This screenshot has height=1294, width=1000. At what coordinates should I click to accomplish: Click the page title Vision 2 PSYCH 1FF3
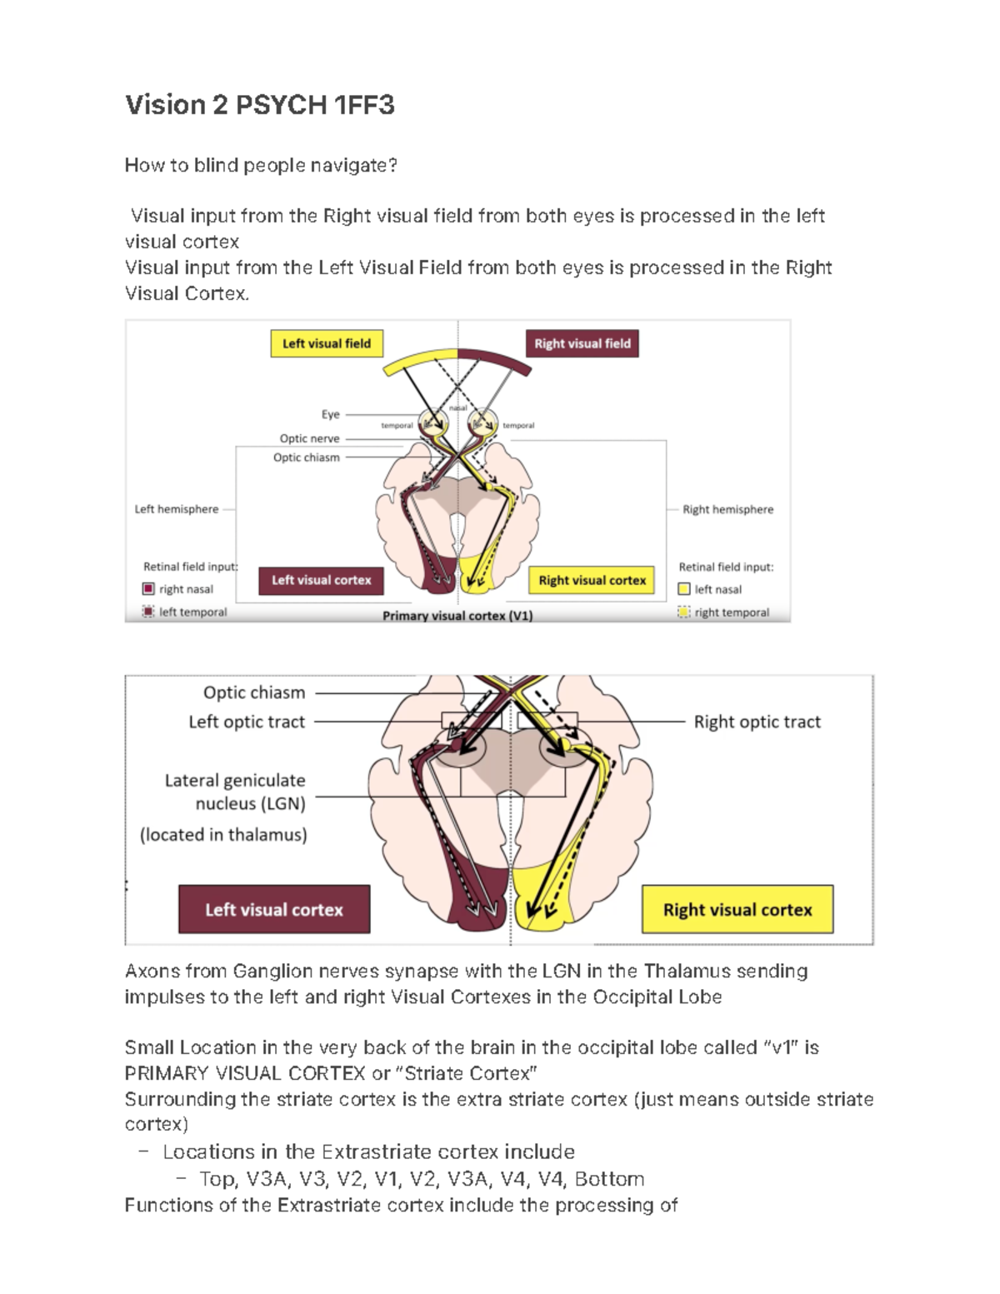click(259, 105)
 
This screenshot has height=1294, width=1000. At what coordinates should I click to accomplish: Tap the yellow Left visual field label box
click(326, 343)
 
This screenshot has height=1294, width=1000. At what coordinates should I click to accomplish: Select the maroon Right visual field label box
click(582, 343)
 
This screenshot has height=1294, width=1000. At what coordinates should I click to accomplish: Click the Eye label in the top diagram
click(330, 414)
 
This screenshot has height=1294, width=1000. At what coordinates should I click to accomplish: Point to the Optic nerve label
click(309, 438)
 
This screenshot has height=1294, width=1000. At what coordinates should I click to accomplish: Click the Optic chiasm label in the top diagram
click(306, 457)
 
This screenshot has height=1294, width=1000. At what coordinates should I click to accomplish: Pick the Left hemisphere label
click(176, 509)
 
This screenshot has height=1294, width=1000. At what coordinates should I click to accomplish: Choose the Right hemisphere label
click(727, 509)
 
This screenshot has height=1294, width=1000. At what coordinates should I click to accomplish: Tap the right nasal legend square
click(148, 589)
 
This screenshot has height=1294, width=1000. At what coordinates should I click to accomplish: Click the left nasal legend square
click(684, 589)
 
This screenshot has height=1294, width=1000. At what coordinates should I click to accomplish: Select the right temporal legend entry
click(723, 612)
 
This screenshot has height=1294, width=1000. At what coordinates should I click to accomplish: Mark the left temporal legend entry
click(185, 612)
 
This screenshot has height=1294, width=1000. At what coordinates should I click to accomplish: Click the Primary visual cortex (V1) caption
click(457, 616)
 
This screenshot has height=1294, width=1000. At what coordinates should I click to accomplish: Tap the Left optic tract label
click(247, 722)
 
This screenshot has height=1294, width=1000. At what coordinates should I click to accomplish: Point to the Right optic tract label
click(757, 722)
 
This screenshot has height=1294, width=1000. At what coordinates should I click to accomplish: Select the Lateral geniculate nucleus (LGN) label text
click(235, 792)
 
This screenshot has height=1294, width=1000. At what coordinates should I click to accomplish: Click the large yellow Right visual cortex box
click(737, 909)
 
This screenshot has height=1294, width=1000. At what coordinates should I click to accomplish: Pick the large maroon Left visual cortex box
click(274, 909)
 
